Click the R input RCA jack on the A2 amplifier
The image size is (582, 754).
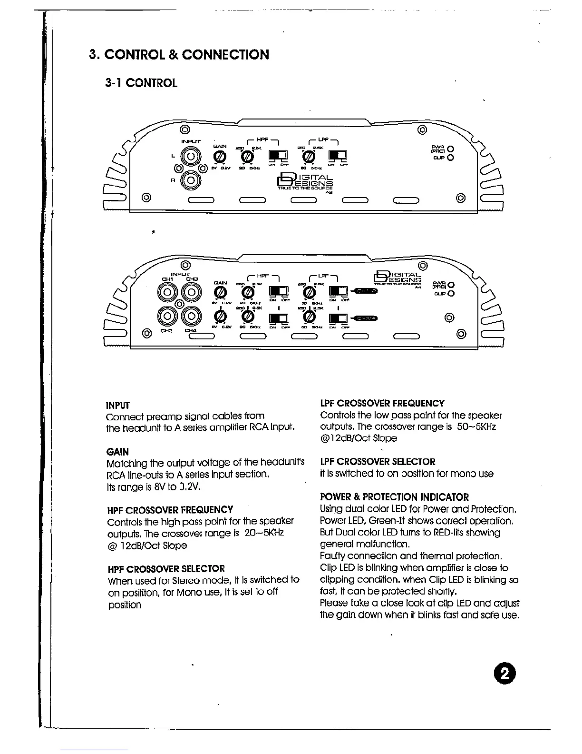[x=191, y=179]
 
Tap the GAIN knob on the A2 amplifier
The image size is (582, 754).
[x=219, y=157]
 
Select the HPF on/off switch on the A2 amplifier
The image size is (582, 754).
[x=278, y=156]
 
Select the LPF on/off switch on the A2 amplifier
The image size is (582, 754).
[x=338, y=156]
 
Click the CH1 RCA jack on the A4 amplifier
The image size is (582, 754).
[x=168, y=291]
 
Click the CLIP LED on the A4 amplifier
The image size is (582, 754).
[x=451, y=294]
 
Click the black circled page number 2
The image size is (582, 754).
[x=504, y=674]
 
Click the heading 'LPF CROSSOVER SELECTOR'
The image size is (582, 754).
[x=378, y=462]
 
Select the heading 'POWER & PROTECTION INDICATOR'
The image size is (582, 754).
[x=394, y=497]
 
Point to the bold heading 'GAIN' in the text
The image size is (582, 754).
[x=117, y=452]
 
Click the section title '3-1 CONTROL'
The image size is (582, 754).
[x=141, y=83]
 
